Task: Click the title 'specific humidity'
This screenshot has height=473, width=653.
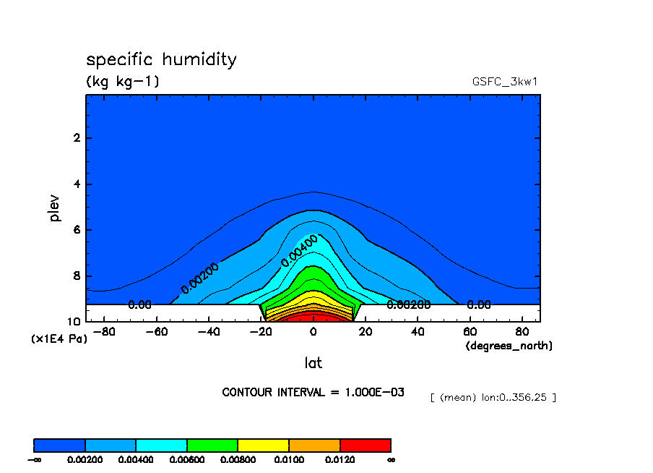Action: pyautogui.click(x=161, y=60)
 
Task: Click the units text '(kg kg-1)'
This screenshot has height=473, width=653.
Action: pyautogui.click(x=123, y=82)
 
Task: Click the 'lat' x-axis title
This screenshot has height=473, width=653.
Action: pyautogui.click(x=313, y=362)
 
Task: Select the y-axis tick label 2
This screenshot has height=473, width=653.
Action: pyautogui.click(x=76, y=138)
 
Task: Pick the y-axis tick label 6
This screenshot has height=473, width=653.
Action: pyautogui.click(x=76, y=230)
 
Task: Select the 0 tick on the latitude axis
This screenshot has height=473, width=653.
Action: pyautogui.click(x=313, y=332)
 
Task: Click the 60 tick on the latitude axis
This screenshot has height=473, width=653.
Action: pyautogui.click(x=470, y=332)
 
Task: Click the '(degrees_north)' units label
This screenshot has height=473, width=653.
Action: pyautogui.click(x=509, y=346)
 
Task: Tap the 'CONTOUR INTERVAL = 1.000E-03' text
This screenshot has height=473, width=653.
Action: pyautogui.click(x=313, y=392)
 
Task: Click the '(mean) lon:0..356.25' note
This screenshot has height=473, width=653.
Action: pyautogui.click(x=493, y=398)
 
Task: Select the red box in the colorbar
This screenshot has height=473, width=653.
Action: pyautogui.click(x=365, y=445)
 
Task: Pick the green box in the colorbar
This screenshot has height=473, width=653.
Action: pyautogui.click(x=212, y=445)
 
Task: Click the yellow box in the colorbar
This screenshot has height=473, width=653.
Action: pyautogui.click(x=263, y=445)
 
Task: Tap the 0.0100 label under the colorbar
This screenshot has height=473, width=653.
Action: pyautogui.click(x=289, y=459)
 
